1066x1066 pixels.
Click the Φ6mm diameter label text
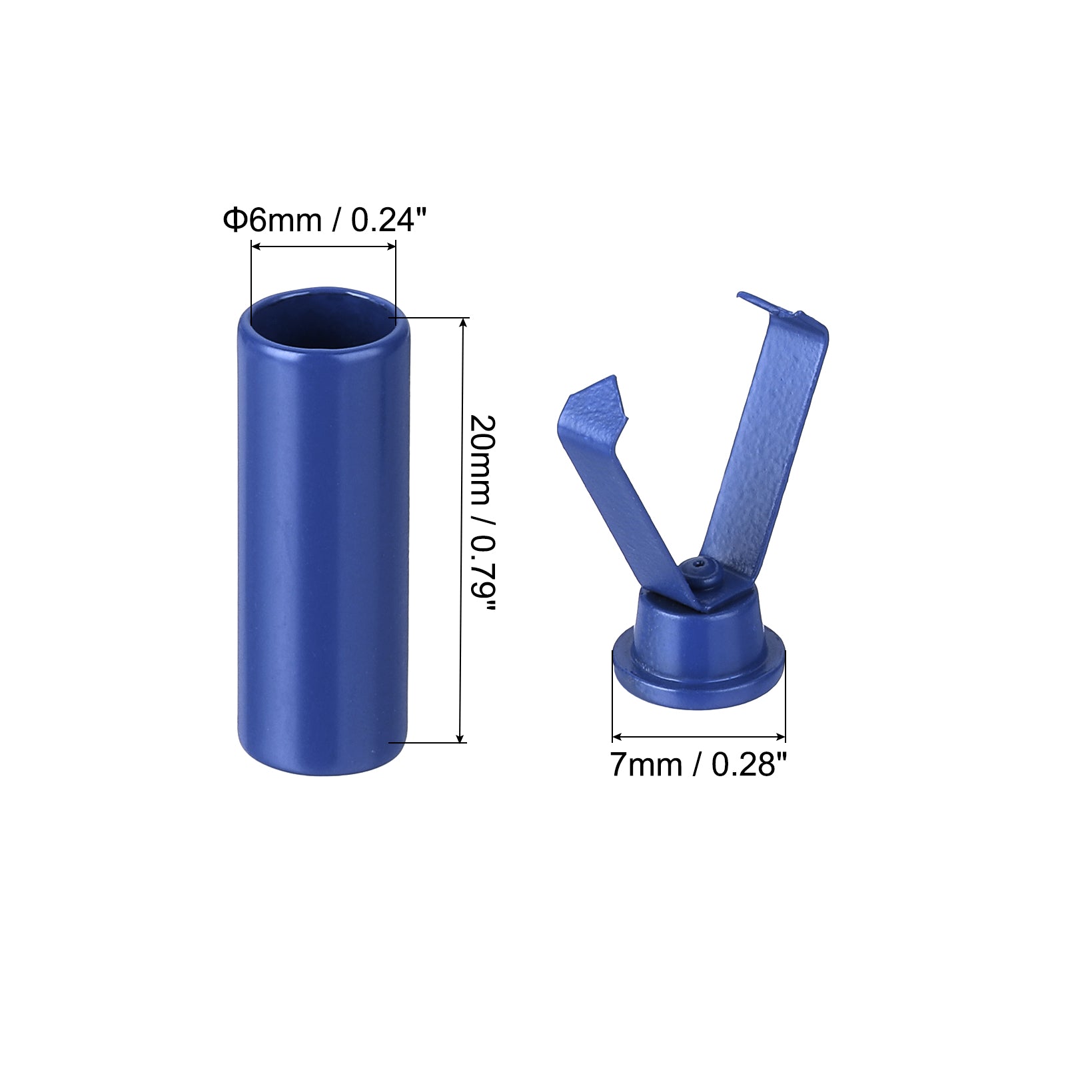pyautogui.click(x=272, y=220)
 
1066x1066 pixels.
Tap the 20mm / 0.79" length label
pyautogui.click(x=482, y=513)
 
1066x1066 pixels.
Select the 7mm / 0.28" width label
pyautogui.click(x=698, y=764)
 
